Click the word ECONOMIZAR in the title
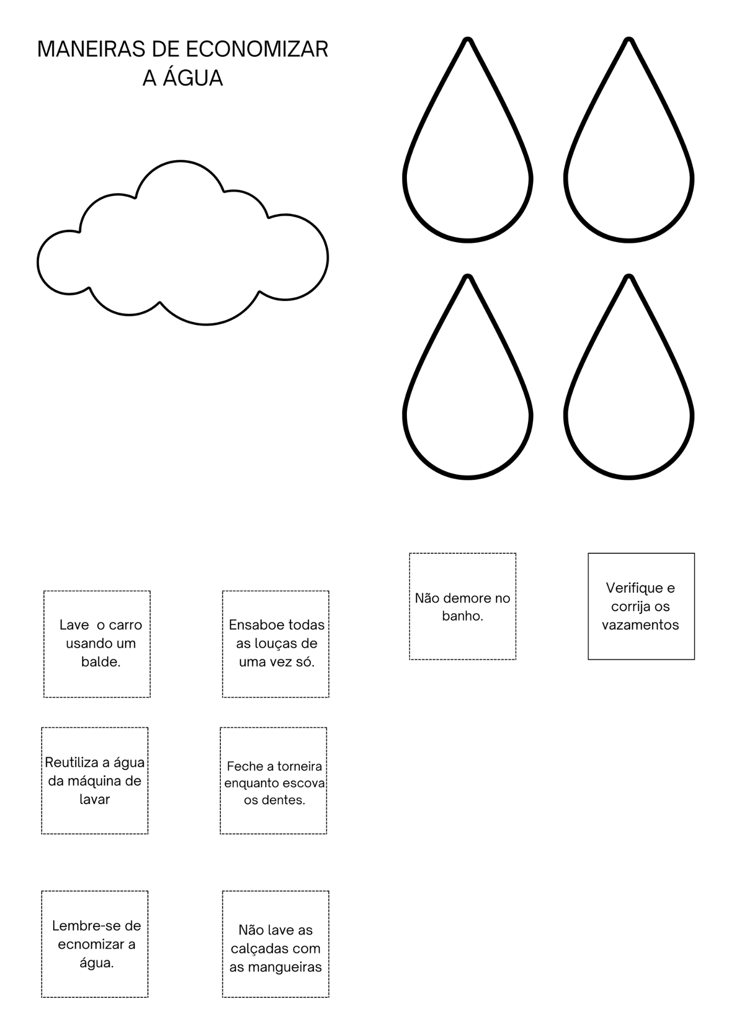click(x=256, y=49)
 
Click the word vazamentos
click(x=640, y=625)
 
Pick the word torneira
click(x=299, y=766)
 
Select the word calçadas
click(x=256, y=949)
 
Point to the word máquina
click(x=93, y=781)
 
